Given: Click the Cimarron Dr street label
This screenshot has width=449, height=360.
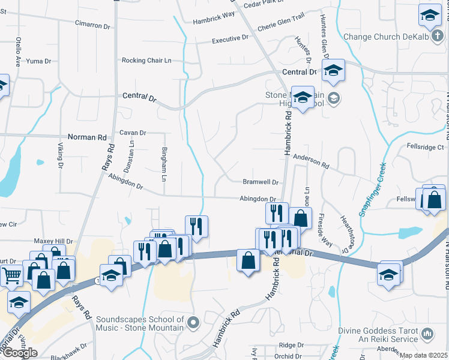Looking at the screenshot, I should tap(92, 26).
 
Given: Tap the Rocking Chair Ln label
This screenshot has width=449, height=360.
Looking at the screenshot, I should tap(146, 61).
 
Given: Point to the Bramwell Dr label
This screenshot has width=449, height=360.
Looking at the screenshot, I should tap(261, 182).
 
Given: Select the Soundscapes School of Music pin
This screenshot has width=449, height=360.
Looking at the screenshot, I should tap(193, 324).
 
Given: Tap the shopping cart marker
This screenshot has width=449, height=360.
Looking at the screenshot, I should tap(13, 277).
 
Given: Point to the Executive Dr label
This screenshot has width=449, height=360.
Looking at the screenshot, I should tap(230, 40).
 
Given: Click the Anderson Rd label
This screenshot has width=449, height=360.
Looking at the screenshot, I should tap(311, 161).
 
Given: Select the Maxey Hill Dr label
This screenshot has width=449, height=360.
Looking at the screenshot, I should tap(53, 241).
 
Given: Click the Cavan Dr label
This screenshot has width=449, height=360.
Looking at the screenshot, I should tap(133, 133).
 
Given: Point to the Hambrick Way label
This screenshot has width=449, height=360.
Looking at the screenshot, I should tap(213, 20).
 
